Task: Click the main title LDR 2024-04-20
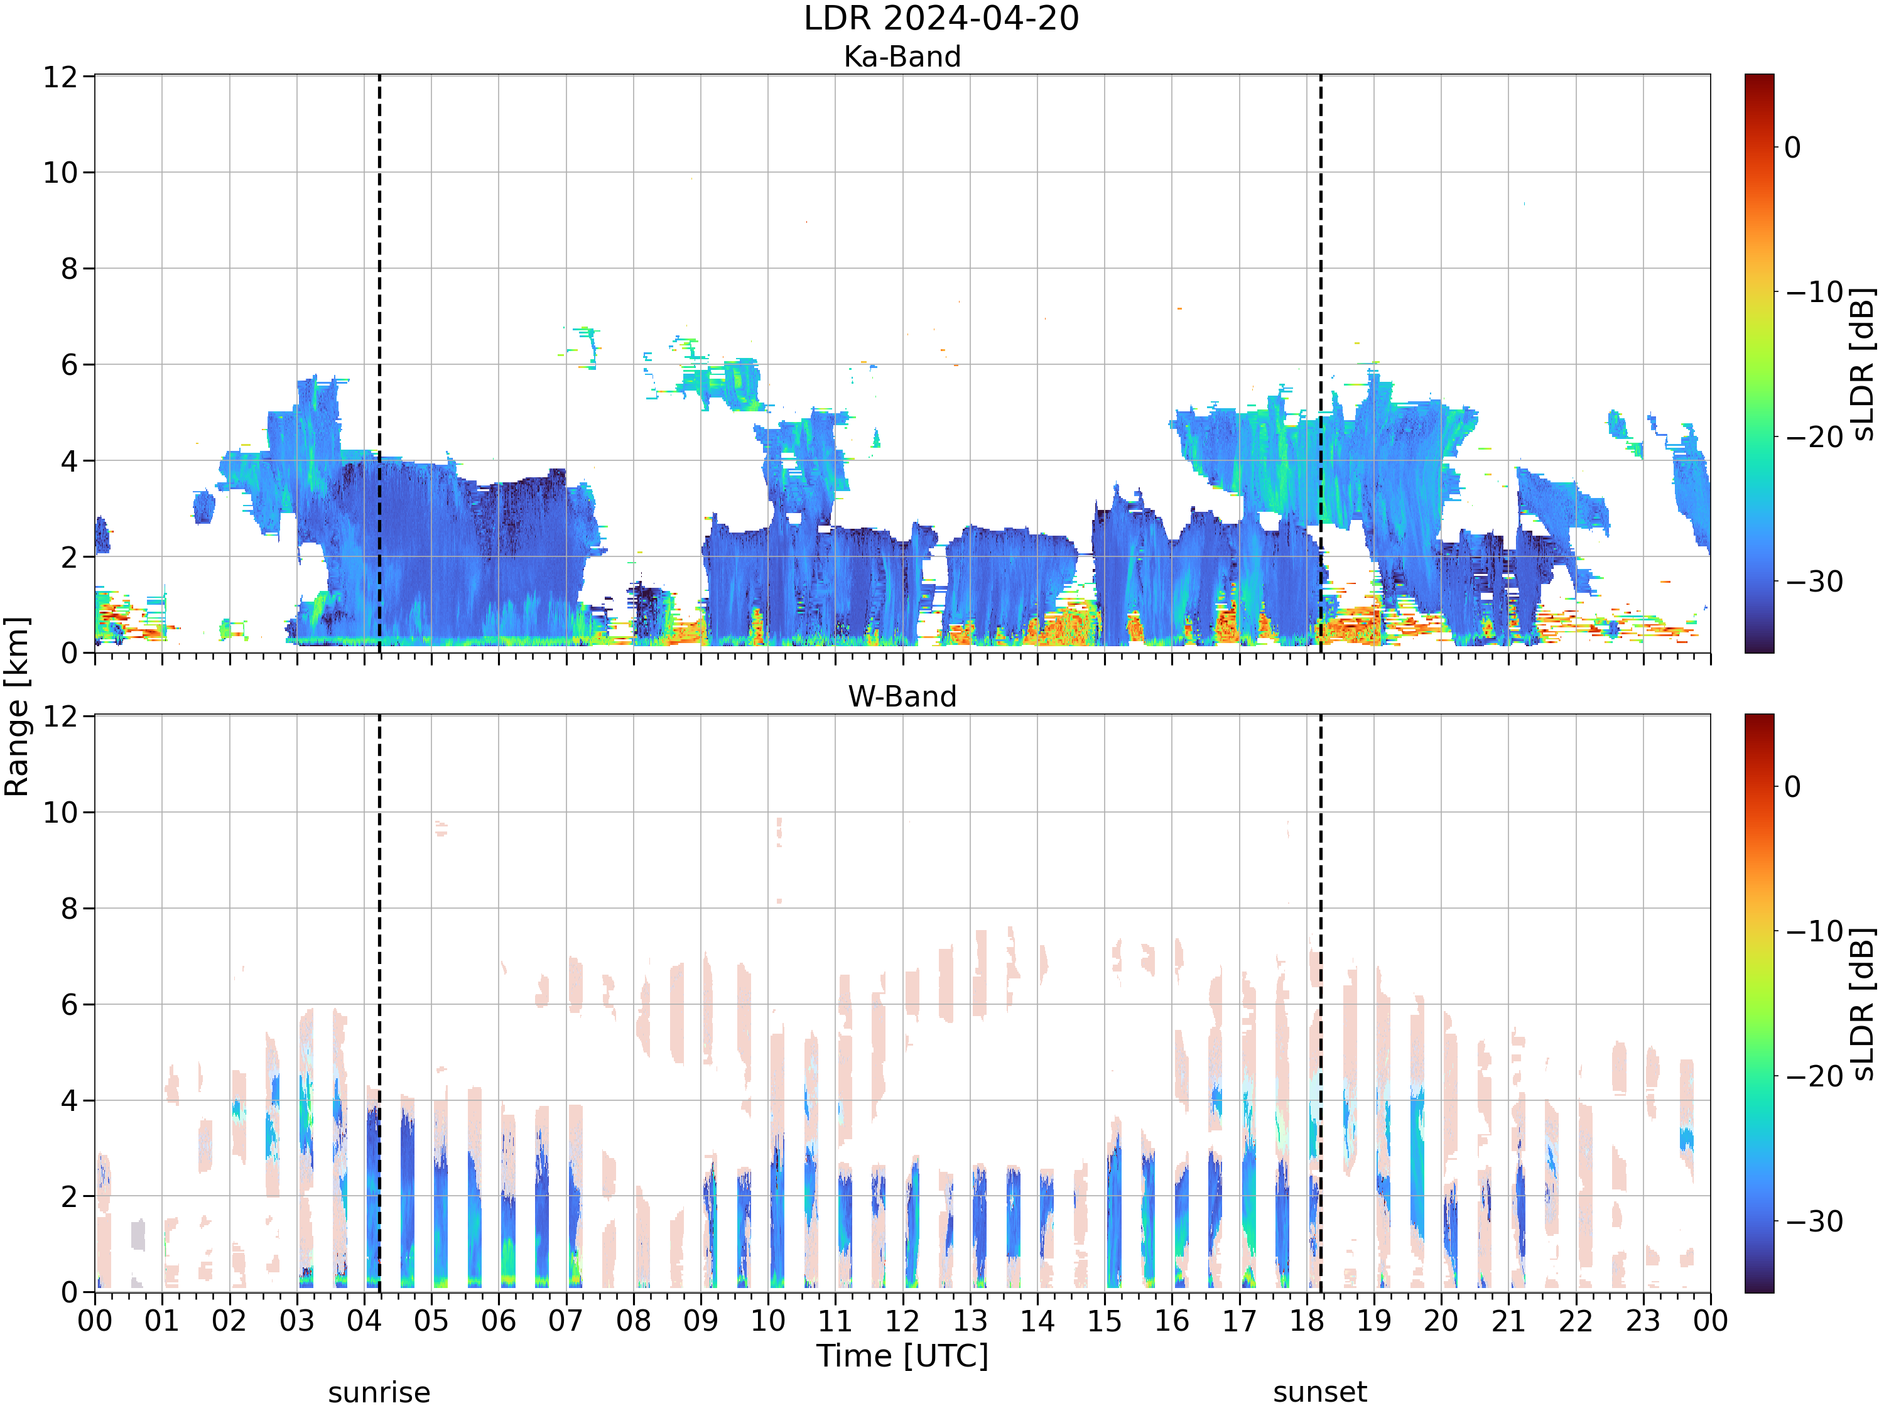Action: click(x=941, y=18)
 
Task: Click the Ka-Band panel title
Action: click(x=902, y=57)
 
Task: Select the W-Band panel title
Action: click(x=902, y=696)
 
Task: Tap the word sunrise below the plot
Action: click(x=379, y=1392)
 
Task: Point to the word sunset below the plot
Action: click(x=1320, y=1392)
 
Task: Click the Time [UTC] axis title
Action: click(x=902, y=1356)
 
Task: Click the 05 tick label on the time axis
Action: click(x=431, y=1321)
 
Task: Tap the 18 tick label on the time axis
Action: click(x=1306, y=1321)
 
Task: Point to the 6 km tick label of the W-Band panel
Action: click(x=69, y=1005)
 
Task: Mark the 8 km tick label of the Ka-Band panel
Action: click(x=69, y=269)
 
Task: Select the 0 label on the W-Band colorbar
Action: click(x=1793, y=786)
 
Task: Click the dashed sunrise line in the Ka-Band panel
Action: click(x=379, y=364)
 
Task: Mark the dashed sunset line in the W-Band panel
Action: click(x=1320, y=1004)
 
